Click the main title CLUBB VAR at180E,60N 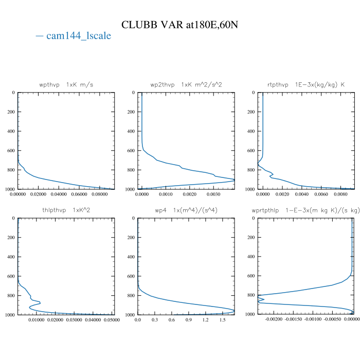(x=180, y=25)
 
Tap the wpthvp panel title (x=66, y=84)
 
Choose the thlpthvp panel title (x=66, y=210)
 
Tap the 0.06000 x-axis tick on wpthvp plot (x=79, y=194)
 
